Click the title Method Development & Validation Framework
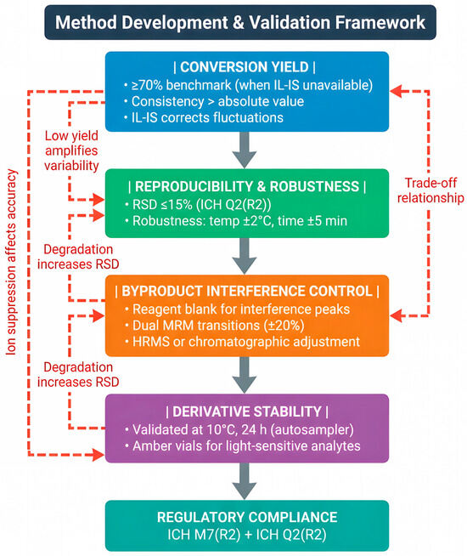tap(240, 22)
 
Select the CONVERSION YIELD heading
tap(245, 67)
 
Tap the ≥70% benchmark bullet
tap(248, 85)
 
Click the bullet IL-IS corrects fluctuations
tap(204, 117)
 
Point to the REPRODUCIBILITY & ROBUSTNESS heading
tap(247, 186)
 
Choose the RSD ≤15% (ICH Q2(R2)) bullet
tap(198, 205)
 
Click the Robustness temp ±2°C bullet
tap(236, 221)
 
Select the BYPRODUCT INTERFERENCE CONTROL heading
tap(247, 291)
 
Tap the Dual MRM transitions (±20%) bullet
tap(214, 325)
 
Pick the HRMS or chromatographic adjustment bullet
tap(242, 342)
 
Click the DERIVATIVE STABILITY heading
tap(247, 411)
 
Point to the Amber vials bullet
tap(243, 445)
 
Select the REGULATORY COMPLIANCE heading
tap(247, 517)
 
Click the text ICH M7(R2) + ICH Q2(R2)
tap(247, 535)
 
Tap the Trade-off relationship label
tap(430, 190)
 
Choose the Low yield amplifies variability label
tap(71, 150)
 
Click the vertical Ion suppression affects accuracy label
tap(11, 263)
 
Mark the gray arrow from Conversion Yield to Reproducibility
tap(245, 150)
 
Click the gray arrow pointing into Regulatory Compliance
tap(245, 481)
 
